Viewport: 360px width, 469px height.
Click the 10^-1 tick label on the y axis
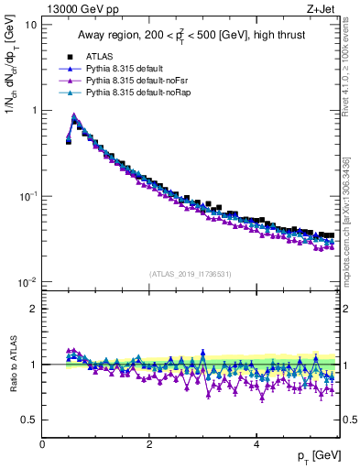coord(28,196)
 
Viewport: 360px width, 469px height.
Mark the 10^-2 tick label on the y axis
coord(28,281)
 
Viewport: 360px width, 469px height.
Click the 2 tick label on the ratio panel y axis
coord(33,309)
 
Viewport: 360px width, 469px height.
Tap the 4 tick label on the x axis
coord(256,442)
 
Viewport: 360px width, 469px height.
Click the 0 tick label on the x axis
coord(43,442)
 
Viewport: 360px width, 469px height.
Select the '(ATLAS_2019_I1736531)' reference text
coord(190,275)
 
